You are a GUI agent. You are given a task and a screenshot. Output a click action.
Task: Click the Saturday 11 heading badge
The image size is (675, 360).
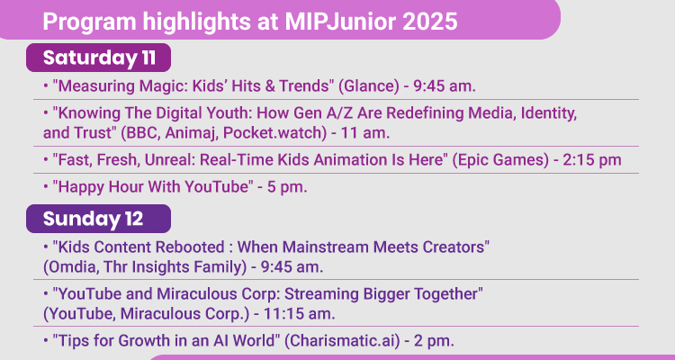[98, 58]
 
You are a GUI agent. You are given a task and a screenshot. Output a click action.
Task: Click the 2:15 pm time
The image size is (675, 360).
[593, 160]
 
